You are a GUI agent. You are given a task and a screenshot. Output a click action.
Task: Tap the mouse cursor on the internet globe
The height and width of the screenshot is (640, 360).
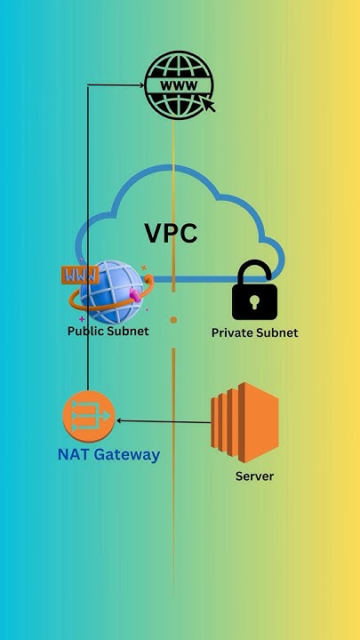click(209, 105)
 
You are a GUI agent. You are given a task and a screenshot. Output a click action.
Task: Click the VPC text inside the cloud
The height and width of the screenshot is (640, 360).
click(171, 234)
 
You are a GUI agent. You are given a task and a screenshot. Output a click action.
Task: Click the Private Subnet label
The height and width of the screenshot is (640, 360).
click(254, 333)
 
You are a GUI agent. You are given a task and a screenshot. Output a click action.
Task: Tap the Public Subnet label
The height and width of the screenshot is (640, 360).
click(108, 332)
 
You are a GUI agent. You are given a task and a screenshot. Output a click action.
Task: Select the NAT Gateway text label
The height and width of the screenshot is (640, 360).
click(108, 455)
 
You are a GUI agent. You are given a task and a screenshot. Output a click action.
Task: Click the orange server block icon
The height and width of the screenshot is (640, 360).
click(244, 423)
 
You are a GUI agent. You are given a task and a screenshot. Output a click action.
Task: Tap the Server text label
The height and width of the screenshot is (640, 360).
click(254, 476)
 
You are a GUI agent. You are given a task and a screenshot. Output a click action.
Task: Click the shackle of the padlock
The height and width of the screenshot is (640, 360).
click(254, 274)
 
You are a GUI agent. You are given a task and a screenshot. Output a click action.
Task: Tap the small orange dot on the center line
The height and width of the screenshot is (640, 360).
click(173, 319)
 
